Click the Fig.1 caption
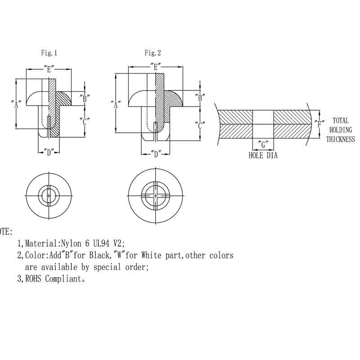click(49, 53)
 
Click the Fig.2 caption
click(153, 53)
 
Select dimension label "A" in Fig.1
click(16, 104)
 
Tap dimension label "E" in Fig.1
click(49, 69)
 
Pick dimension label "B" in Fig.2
click(200, 96)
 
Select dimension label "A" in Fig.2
click(116, 104)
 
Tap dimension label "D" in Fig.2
click(156, 154)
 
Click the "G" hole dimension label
click(263, 145)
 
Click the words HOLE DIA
click(263, 156)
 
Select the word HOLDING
click(340, 130)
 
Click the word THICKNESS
click(340, 139)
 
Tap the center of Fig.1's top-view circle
click(49, 196)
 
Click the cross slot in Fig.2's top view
click(155, 196)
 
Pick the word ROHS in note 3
click(33, 279)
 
